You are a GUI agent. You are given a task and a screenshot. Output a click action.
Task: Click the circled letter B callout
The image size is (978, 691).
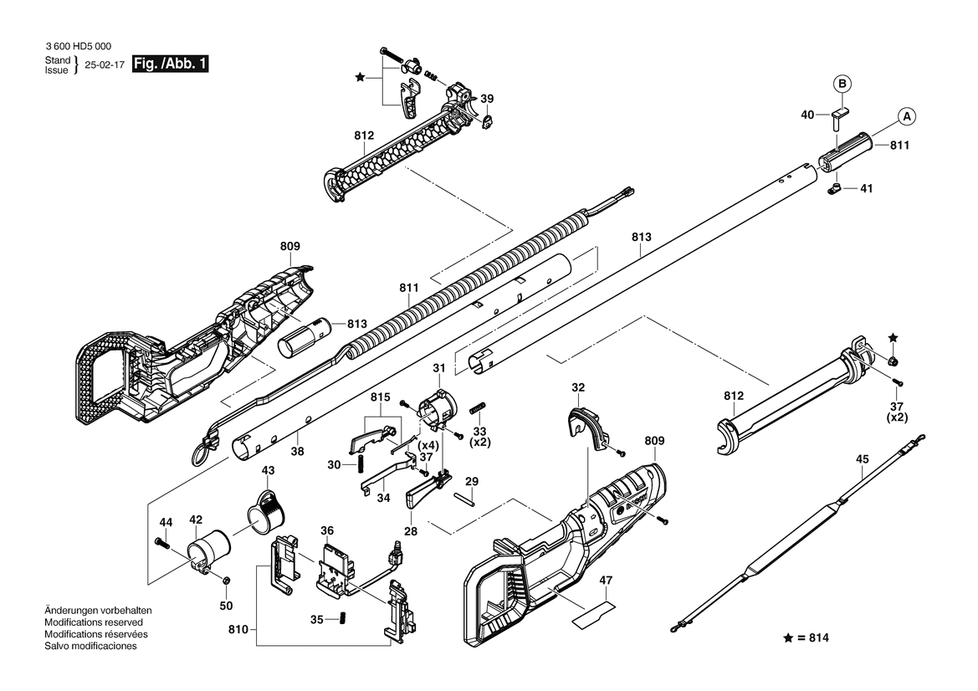pos(842,84)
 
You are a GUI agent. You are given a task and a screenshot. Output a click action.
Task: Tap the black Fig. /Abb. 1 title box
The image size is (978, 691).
pos(171,64)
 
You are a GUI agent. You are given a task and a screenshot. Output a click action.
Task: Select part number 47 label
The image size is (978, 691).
pos(606,580)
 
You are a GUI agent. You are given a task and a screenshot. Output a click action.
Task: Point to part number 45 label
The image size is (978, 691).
pos(862,459)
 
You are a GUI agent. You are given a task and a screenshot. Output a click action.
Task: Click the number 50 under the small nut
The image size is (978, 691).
pos(226,606)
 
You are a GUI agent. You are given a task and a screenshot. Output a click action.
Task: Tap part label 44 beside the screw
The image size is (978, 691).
pos(166,522)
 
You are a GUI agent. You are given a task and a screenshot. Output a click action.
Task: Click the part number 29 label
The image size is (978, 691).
pos(472,482)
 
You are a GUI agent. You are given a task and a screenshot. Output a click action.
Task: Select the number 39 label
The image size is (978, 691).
pos(487,99)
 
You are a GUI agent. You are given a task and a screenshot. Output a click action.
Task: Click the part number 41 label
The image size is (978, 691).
pos(867,188)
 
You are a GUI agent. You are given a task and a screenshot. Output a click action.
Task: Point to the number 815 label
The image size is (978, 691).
pos(380,397)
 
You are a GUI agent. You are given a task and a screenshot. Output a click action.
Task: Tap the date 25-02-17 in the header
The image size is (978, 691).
pos(105,65)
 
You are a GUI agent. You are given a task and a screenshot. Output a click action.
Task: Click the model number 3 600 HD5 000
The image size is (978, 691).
pos(79,46)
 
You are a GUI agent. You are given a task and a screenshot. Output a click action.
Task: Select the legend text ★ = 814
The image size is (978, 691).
pos(806,638)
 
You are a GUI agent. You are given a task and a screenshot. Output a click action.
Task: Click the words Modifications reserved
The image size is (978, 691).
pos(94,622)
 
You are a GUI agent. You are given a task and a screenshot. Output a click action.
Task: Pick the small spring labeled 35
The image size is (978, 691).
pos(342,619)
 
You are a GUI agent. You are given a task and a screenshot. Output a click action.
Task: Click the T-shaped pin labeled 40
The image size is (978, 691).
pos(840,117)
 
